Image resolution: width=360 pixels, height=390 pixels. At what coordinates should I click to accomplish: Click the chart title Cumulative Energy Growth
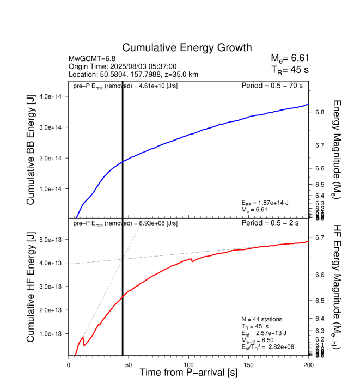coord(187,48)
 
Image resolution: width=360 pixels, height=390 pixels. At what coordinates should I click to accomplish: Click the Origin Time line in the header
coord(123,66)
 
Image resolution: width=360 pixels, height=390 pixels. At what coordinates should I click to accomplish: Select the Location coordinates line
coord(133,74)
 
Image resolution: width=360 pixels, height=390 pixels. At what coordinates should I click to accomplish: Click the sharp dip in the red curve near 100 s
coord(192,261)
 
